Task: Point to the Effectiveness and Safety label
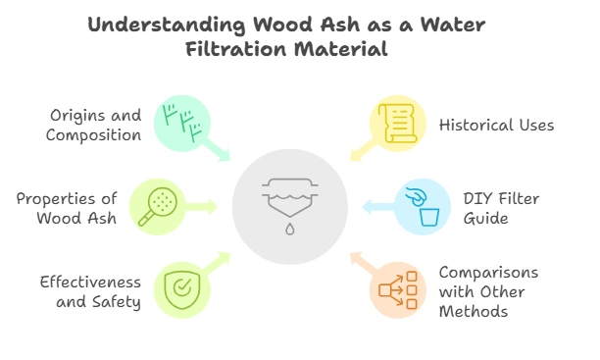(90, 291)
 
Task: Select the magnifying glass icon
(157, 206)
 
